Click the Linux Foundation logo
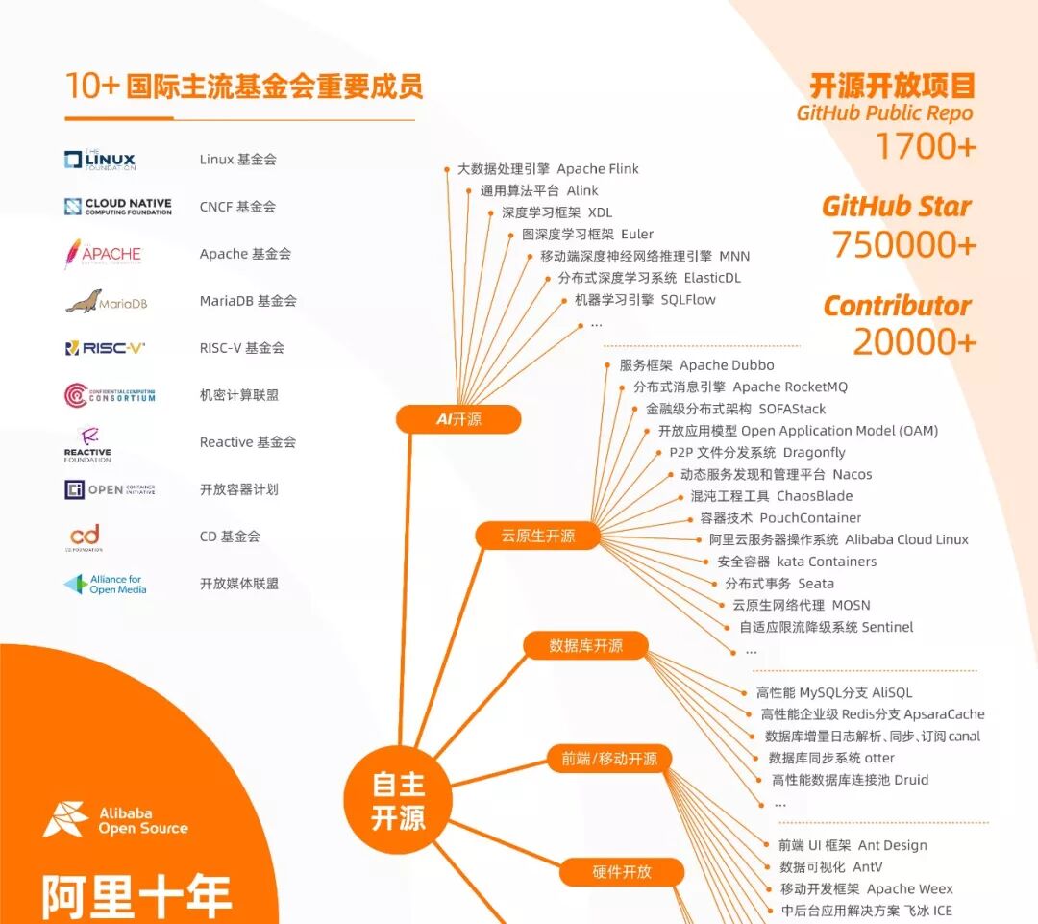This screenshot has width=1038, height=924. pos(100,161)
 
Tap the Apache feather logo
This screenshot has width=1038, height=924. pos(73,254)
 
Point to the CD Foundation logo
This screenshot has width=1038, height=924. pos(85,537)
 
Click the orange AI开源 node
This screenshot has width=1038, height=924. pos(458,419)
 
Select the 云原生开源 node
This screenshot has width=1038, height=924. pos(537,536)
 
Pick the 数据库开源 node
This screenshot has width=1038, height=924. pos(585,645)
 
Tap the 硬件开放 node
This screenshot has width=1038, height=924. pos(622,872)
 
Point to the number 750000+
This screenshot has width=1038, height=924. pos(904,245)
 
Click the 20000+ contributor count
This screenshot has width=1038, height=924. pos(914,341)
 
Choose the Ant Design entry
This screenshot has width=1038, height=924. pos(853,845)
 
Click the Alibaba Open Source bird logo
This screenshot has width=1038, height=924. pos(65,818)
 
